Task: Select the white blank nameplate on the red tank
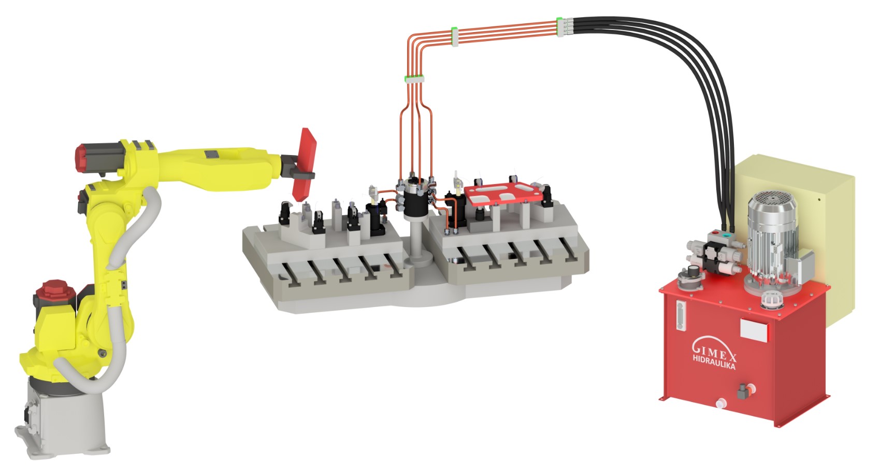[x=755, y=329]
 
